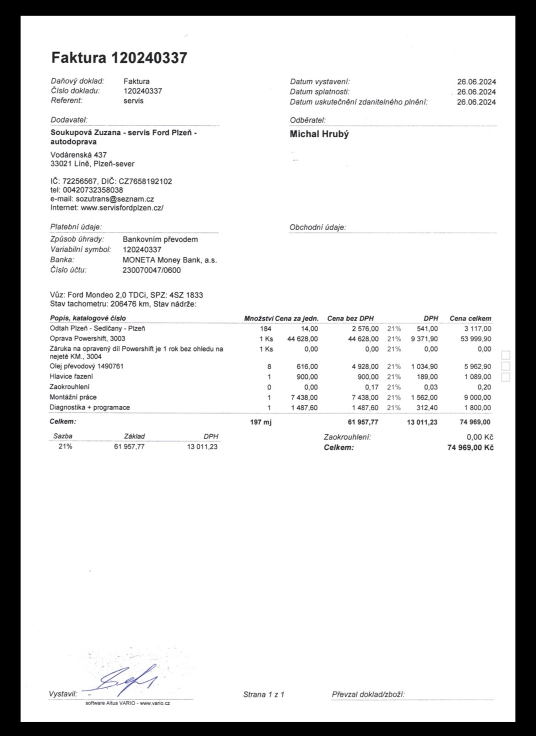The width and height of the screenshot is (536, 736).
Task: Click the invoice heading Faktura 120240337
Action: coord(119,58)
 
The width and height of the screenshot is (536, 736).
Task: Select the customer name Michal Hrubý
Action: coord(319,134)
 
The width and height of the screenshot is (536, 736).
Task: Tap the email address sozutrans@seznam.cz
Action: coord(115,199)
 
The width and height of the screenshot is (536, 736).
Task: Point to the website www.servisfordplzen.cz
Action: coord(122,208)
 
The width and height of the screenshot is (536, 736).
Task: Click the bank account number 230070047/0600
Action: coord(152,270)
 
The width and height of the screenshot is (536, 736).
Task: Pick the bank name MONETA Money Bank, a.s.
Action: coord(170,260)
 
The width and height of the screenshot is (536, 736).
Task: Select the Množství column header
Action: coord(259,318)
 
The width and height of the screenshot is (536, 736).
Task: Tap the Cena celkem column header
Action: coord(470,318)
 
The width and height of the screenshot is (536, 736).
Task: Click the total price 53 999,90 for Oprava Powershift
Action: coord(477,339)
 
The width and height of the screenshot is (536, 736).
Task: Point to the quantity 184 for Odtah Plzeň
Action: coord(265,329)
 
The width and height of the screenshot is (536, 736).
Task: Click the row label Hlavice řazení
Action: coord(71,376)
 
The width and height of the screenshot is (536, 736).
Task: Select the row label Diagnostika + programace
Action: coord(90,407)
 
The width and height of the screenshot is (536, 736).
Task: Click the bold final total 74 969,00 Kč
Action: coord(470,448)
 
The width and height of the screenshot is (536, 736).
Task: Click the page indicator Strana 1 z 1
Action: coord(263,694)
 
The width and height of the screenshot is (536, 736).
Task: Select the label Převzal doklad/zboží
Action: coord(368,694)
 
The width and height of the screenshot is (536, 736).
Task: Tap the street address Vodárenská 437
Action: coord(78,155)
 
